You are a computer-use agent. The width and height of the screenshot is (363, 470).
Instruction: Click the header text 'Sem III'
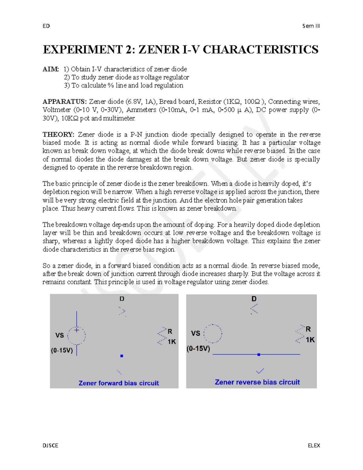[311, 26]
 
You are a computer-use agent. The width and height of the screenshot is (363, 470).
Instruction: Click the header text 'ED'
[46, 26]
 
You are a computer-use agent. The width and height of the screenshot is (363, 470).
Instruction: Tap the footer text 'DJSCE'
[51, 445]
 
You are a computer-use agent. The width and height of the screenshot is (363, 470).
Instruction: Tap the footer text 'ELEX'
[314, 445]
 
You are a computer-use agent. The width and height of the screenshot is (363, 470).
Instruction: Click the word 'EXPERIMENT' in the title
[83, 50]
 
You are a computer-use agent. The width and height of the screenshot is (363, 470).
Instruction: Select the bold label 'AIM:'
[51, 69]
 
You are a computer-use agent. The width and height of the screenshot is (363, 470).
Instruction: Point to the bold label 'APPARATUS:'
[64, 102]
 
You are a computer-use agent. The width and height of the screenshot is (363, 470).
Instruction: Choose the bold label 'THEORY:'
[58, 134]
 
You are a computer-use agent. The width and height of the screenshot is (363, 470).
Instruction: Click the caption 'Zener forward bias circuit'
[119, 383]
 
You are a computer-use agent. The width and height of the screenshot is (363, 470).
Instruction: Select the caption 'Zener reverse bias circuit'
[257, 382]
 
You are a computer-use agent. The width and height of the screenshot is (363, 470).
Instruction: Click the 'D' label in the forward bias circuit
[122, 299]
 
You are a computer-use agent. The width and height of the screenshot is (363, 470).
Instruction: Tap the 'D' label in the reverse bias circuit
[254, 299]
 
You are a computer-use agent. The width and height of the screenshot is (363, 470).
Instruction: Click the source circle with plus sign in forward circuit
[77, 335]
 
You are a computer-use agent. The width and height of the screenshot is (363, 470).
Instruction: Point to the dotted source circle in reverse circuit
[213, 334]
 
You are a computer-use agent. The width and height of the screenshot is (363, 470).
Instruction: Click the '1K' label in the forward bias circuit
[172, 342]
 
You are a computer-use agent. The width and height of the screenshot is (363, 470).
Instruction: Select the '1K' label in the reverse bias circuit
[310, 340]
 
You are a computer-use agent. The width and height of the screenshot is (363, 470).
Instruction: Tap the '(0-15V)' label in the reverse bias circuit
[198, 349]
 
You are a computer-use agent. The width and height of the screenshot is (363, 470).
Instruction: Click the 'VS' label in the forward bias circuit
[60, 335]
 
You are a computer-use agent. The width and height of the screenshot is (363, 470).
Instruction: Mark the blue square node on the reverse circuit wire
[259, 354]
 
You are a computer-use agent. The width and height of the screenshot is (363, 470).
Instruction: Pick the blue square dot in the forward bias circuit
[122, 356]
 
